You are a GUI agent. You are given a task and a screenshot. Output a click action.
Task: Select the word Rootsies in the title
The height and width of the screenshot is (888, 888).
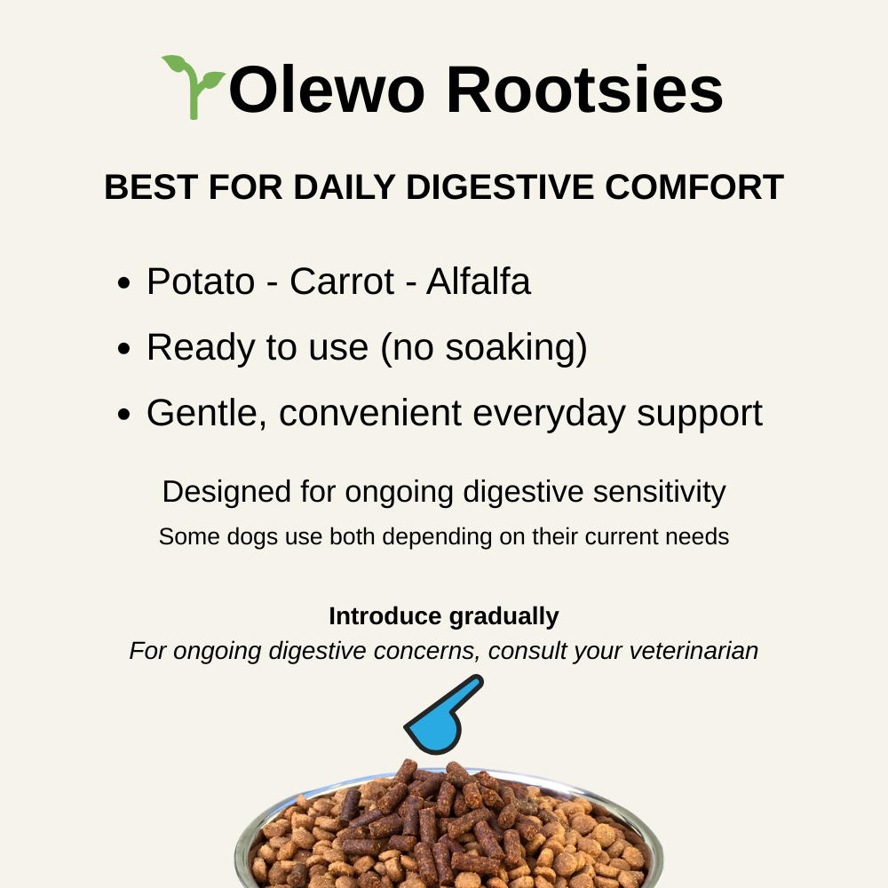click(x=584, y=91)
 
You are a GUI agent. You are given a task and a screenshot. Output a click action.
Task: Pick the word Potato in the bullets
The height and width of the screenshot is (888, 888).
click(x=201, y=282)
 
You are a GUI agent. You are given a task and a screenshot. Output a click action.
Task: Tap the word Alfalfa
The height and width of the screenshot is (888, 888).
click(x=478, y=282)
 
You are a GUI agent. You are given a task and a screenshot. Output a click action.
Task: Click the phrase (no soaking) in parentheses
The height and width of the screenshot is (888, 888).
click(x=484, y=348)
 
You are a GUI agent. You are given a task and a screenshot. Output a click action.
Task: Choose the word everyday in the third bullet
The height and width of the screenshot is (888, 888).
click(x=564, y=414)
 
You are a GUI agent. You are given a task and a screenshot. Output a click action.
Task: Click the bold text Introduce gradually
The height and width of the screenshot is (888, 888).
click(x=444, y=616)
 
